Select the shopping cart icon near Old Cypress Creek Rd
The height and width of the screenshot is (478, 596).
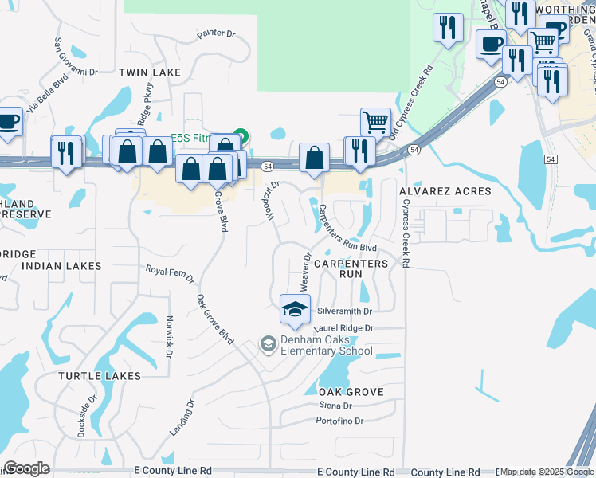(375, 123)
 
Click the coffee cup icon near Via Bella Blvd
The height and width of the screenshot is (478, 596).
(9, 122)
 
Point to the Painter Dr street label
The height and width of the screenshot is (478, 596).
(216, 35)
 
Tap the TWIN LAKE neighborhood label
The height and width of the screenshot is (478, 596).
(150, 72)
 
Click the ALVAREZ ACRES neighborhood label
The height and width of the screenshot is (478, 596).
(445, 192)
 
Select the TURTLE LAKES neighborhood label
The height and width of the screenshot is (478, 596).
(100, 376)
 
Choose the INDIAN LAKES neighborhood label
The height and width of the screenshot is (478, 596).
(62, 265)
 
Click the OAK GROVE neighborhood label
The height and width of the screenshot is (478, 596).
(351, 392)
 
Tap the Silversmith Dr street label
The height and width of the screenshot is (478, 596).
(345, 311)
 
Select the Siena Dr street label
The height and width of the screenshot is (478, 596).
(335, 406)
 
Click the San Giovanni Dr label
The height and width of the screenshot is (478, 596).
(75, 57)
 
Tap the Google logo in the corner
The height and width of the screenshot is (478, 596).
(26, 468)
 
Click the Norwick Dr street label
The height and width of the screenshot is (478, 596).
(170, 335)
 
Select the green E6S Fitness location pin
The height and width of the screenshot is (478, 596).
(241, 137)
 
